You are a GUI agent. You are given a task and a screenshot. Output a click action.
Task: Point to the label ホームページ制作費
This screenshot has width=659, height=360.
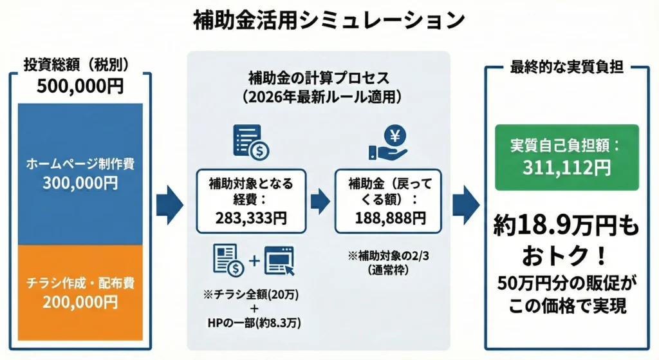click(x=80, y=164)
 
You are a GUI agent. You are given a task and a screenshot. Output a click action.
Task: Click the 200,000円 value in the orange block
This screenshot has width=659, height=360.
click(x=80, y=301)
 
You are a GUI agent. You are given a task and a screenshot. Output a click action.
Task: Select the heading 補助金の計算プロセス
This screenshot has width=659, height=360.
click(x=319, y=79)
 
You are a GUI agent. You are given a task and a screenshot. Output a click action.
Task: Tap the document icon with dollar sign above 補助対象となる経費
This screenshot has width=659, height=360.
click(x=251, y=142)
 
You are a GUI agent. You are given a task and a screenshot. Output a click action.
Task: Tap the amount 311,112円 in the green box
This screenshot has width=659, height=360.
click(x=566, y=169)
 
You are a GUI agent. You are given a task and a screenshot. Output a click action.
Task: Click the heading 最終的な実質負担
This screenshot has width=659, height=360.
click(x=566, y=66)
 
